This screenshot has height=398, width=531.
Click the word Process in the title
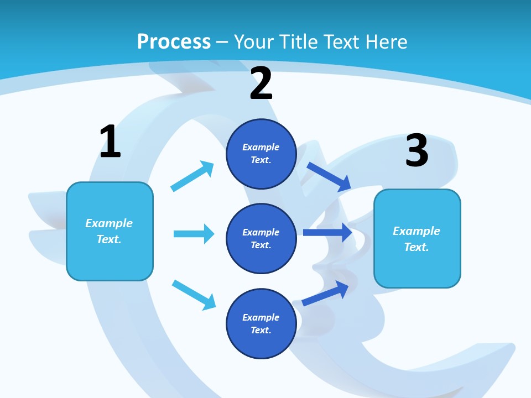coord(174,42)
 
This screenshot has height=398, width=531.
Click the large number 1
coord(110,141)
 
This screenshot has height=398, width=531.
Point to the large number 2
coord(261,83)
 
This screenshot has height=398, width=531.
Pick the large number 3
coord(417,150)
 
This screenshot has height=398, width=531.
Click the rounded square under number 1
coord(110,232)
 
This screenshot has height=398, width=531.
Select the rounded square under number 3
coord(417,239)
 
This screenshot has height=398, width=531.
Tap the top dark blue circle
coord(261,154)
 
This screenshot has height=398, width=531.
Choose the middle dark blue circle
coord(261,239)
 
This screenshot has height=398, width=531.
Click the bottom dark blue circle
coord(261,324)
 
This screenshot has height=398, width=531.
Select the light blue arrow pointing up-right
coord(192,176)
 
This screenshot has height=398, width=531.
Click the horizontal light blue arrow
coord(194,234)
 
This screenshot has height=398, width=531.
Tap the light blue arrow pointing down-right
coord(194,295)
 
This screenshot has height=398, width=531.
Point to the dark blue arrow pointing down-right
coord(329,177)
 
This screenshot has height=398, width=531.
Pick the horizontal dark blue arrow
coord(327,233)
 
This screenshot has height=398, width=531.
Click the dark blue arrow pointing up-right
coord(325,294)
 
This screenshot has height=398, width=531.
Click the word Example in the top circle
coord(261,147)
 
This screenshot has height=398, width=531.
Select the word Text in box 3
coord(417,247)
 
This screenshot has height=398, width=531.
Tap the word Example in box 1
coord(109,224)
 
